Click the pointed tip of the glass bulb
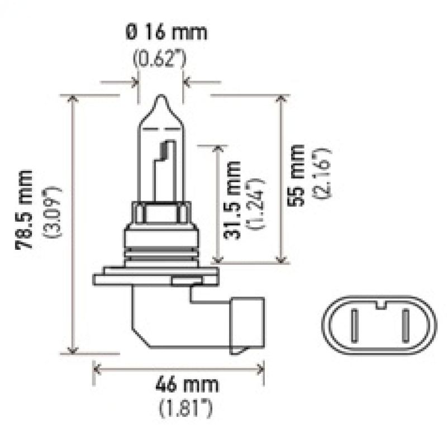coord(161,99)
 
